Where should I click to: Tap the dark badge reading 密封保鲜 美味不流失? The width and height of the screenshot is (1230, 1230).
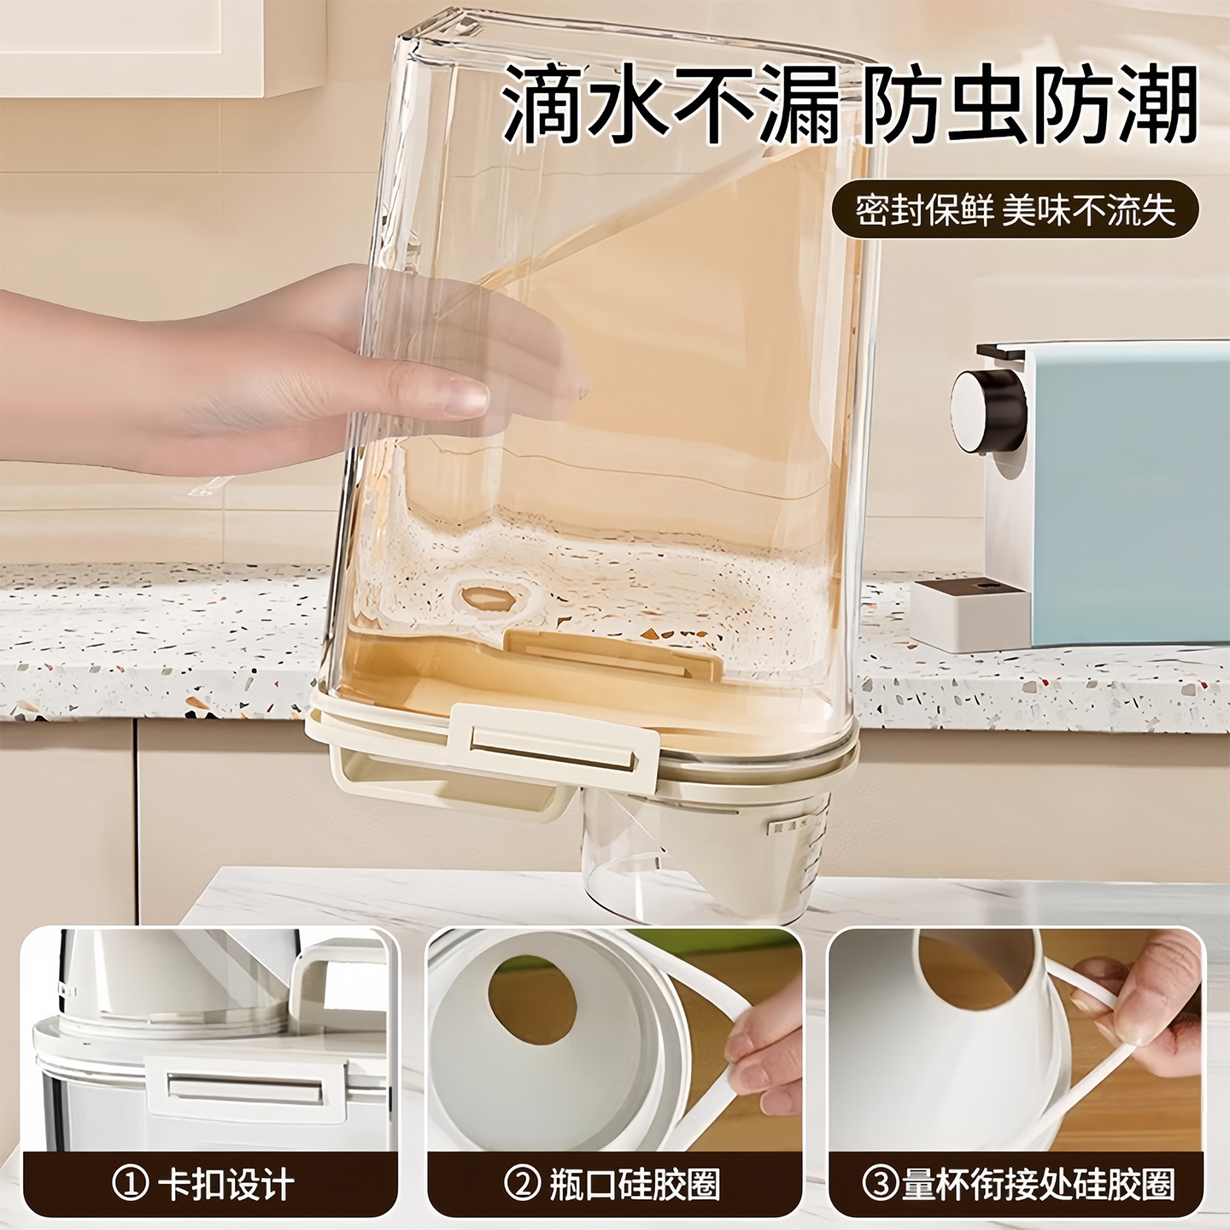click(x=1016, y=209)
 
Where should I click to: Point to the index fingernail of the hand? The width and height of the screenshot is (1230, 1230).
click(x=466, y=397)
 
